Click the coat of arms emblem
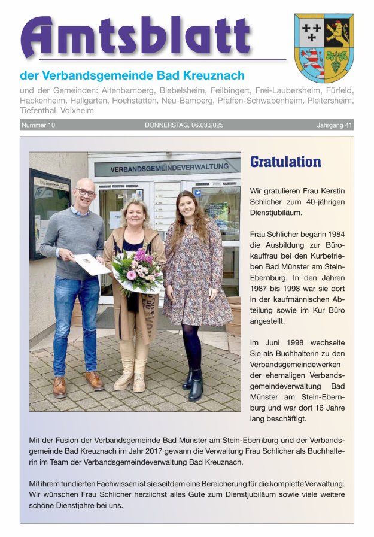[x=324, y=48]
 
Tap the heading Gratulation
[x=285, y=162]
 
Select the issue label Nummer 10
[x=38, y=125]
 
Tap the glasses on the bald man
[x=86, y=193]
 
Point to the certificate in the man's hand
[x=92, y=264]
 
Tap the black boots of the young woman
[x=193, y=383]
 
